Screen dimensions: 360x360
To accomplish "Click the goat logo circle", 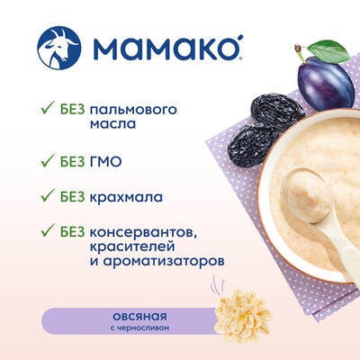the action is click(58, 48).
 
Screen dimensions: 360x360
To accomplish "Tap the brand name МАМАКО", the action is click(167, 48).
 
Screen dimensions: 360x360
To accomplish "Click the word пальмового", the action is click(133, 111).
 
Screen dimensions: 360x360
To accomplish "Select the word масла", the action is click(112, 123).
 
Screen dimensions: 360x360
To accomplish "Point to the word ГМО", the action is click(105, 162).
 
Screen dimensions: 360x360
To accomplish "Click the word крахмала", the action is click(126, 197).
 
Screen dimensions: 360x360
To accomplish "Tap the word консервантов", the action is click(143, 232).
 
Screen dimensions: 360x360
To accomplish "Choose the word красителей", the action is click(132, 247).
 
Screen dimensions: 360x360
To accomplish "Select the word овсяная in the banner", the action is click(139, 317).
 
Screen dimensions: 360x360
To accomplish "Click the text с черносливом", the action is click(139, 328).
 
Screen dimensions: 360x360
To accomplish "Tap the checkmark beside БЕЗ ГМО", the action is click(48, 160).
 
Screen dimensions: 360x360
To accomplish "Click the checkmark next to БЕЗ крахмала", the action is click(48, 195).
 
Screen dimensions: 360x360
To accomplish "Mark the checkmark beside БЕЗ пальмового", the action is click(48, 108).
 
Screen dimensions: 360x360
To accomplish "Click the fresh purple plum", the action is click(326, 83).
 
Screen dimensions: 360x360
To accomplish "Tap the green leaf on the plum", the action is click(329, 52).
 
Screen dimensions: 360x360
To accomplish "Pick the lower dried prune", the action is click(253, 145).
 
